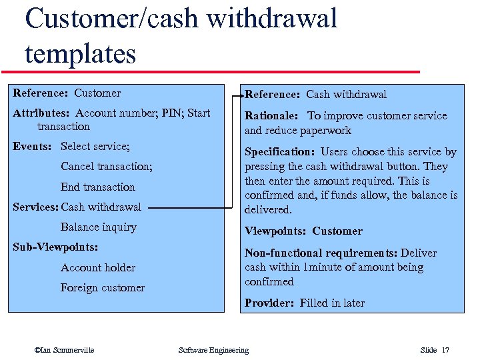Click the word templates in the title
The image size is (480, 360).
tap(81, 53)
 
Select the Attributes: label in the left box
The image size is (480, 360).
tap(42, 113)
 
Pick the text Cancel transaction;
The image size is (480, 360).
tap(107, 166)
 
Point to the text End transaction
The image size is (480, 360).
tap(98, 187)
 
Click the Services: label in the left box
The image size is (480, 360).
tap(36, 207)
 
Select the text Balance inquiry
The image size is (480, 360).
tap(99, 227)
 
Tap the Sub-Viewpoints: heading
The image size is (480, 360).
tap(55, 247)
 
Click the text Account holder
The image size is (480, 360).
tap(98, 267)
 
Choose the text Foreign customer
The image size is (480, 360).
tap(103, 287)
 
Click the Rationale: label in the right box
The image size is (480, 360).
tap(272, 116)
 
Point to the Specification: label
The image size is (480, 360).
tap(279, 152)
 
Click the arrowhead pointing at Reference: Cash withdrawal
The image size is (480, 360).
tap(240, 94)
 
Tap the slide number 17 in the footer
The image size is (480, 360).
tap(445, 350)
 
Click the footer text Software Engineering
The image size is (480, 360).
tap(213, 350)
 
